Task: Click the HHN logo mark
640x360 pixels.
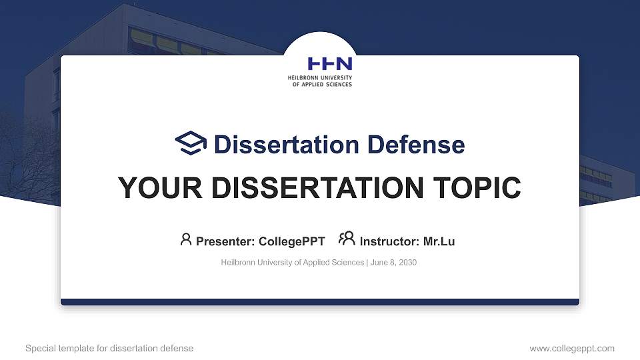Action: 329,64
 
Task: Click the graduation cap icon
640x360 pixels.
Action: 191,144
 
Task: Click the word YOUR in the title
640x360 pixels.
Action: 158,188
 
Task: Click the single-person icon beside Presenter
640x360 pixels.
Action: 186,239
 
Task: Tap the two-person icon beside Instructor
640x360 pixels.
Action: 347,239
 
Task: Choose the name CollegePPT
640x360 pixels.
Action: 291,241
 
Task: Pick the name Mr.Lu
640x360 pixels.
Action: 439,241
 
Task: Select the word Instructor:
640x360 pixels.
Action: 389,241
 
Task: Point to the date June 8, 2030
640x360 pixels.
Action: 393,263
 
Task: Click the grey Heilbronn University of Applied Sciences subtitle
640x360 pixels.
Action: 292,263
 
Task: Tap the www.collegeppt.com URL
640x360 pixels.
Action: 571,348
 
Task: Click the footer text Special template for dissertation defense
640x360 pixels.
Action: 109,348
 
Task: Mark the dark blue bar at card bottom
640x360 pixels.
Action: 320,302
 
